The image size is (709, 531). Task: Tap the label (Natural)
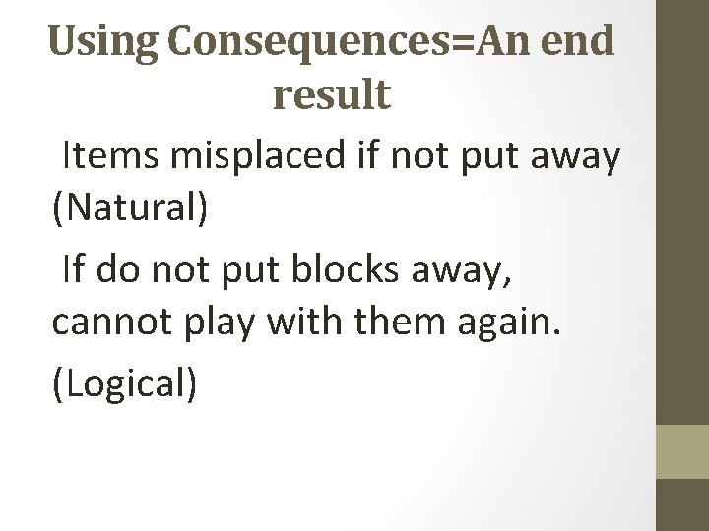[x=131, y=210]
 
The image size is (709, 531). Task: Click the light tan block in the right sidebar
[x=682, y=450]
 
